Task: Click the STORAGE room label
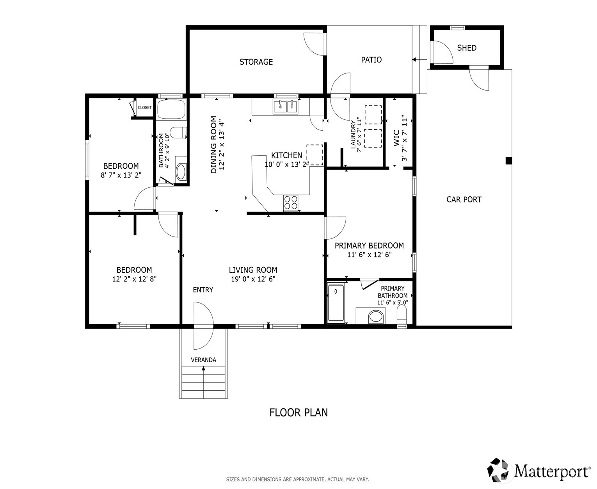point(256,62)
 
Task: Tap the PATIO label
point(371,60)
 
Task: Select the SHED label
point(467,48)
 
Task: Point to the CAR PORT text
point(464,199)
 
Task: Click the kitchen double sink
point(285,107)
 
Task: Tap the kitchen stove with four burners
point(291,203)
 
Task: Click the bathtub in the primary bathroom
point(336,303)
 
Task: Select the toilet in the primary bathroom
point(402,314)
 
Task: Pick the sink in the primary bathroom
point(376,316)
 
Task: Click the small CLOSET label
point(144,108)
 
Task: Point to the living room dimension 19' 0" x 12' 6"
point(253,279)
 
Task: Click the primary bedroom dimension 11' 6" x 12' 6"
point(369,255)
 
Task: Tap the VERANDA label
point(203,360)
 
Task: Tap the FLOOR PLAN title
point(298,413)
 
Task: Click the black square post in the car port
point(508,160)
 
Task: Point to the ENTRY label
point(203,290)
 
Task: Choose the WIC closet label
point(396,138)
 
